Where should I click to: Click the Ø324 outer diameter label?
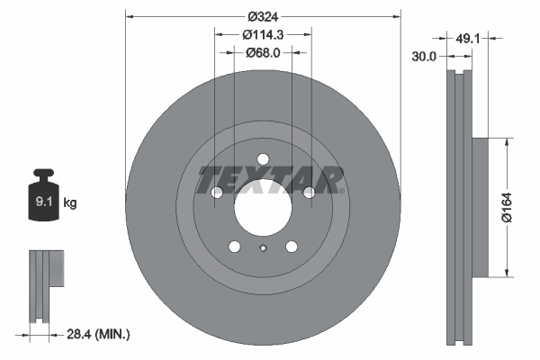[x=263, y=17]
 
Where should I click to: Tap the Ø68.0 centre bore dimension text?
[x=263, y=52]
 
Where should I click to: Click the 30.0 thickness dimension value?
[x=425, y=56]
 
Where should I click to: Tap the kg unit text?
[x=70, y=204]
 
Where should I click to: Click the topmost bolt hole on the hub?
[x=263, y=159]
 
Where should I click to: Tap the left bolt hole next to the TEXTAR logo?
[x=216, y=193]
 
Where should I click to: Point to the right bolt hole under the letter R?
[x=310, y=193]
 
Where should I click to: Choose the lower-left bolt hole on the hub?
[x=234, y=247]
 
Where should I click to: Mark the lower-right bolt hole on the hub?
[x=292, y=247]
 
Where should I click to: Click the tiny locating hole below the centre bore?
[x=263, y=249]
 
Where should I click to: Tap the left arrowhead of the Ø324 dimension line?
[x=130, y=16]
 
